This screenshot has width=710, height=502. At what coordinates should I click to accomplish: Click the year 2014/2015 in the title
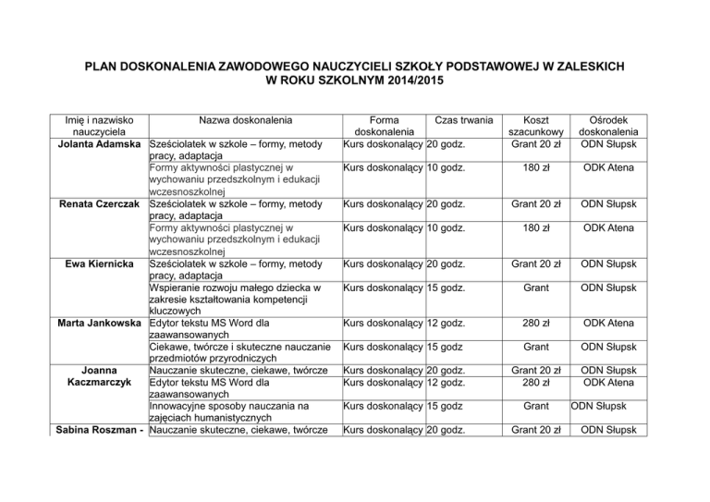pyautogui.click(x=411, y=81)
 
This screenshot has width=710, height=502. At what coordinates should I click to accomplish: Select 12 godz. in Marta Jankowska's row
pyautogui.click(x=454, y=323)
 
